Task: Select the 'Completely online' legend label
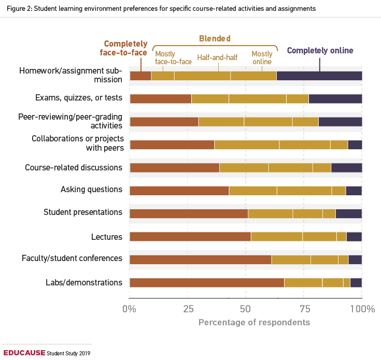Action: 320,50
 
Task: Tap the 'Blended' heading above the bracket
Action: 215,38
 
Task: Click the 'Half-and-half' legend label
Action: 218,58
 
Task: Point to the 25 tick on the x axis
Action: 187,309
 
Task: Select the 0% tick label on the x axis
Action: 129,309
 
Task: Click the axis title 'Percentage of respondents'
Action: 254,322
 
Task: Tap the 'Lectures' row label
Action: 107,237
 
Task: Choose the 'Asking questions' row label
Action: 91,190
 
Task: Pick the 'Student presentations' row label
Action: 83,212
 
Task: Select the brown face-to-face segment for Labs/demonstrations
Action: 206,283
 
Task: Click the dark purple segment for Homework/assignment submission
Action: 319,76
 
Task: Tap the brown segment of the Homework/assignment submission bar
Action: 140,76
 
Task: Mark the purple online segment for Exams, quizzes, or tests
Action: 335,99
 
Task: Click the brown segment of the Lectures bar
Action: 190,237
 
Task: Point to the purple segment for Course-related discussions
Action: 346,167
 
